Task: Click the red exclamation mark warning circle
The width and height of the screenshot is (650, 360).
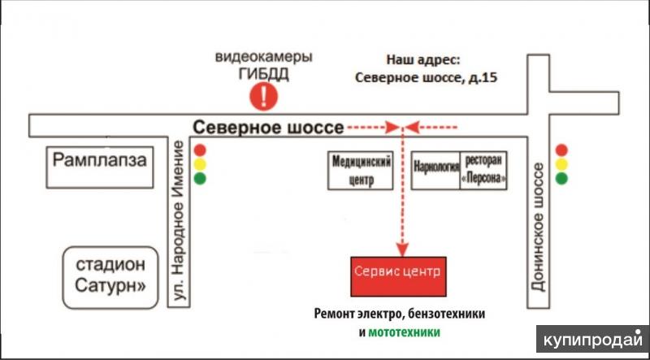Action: point(263,96)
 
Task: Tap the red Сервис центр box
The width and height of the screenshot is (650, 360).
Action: point(398,276)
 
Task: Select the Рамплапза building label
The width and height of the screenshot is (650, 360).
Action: point(99,160)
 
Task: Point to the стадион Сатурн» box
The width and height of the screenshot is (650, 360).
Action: point(110,278)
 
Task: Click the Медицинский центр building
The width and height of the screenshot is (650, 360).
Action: point(360,171)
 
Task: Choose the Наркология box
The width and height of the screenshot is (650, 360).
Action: point(435,171)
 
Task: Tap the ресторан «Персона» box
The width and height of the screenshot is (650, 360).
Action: point(483,171)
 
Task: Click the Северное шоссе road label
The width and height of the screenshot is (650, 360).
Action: point(268,128)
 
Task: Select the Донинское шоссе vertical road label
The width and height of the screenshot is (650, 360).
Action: point(538,227)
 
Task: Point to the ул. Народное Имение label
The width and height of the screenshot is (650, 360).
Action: point(179,220)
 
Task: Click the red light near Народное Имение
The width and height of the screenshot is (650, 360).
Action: point(200,150)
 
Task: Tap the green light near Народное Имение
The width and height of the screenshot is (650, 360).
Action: point(200,179)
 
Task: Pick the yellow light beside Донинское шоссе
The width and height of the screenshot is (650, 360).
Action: point(561,164)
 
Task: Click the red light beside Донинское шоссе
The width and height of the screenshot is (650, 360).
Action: point(561,150)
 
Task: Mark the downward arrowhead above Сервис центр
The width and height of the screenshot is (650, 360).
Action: point(402,249)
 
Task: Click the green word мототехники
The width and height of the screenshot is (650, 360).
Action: point(404,332)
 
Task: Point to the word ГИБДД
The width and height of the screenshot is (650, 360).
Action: point(263,74)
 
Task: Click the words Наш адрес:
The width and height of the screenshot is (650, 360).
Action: point(423,60)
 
